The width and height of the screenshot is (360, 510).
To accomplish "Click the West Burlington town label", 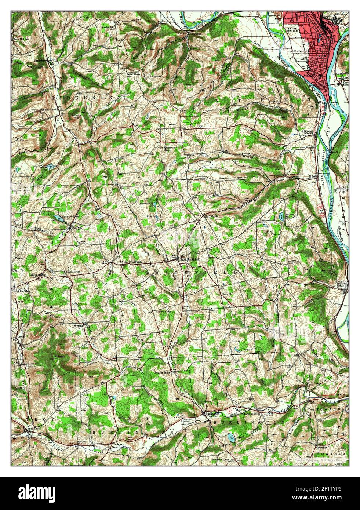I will [121, 447].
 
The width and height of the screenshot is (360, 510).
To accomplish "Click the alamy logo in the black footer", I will [33, 492].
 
